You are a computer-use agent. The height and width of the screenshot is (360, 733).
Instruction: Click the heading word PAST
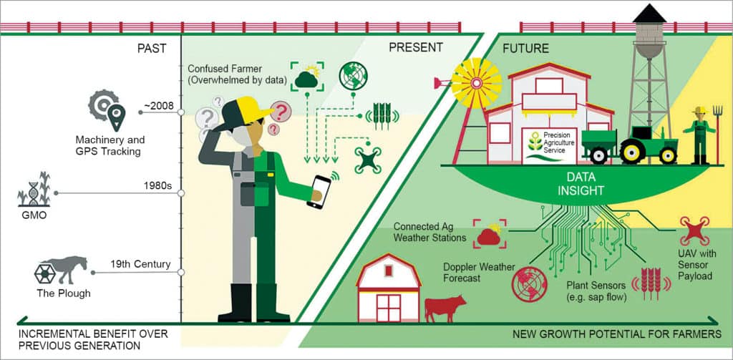point(151,49)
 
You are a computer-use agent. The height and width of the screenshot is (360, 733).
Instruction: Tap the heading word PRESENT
point(415,47)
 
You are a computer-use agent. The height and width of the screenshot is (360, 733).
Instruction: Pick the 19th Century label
point(140,264)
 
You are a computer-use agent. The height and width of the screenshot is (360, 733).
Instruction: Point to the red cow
point(444,307)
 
